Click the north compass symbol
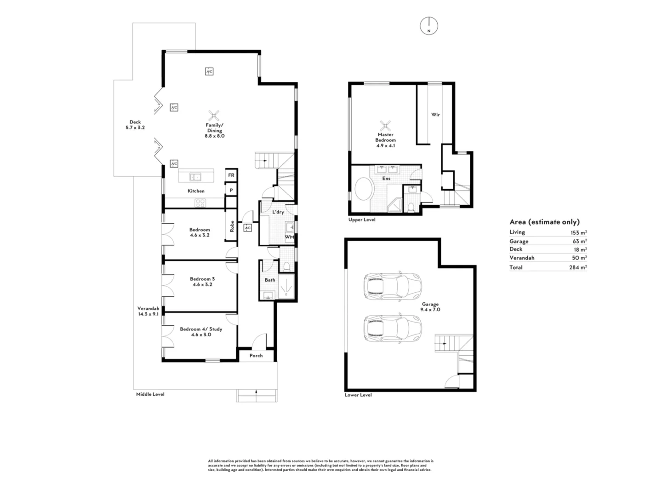tap(428, 26)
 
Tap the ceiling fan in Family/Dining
tap(214, 116)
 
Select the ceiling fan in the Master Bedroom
tap(385, 126)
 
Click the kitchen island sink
tap(195, 177)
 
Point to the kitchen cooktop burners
tap(200, 203)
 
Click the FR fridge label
tap(231, 175)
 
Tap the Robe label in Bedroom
tap(232, 226)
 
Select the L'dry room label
tap(278, 212)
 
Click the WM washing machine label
tap(289, 237)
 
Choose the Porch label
tap(256, 355)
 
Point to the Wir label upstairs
tap(435, 115)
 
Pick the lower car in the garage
tap(393, 328)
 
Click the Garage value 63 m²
tap(580, 241)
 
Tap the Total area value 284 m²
tap(578, 267)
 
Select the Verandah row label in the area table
tap(522, 258)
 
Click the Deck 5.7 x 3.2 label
tap(135, 125)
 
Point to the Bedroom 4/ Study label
tap(201, 329)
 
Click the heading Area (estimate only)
tap(544, 222)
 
